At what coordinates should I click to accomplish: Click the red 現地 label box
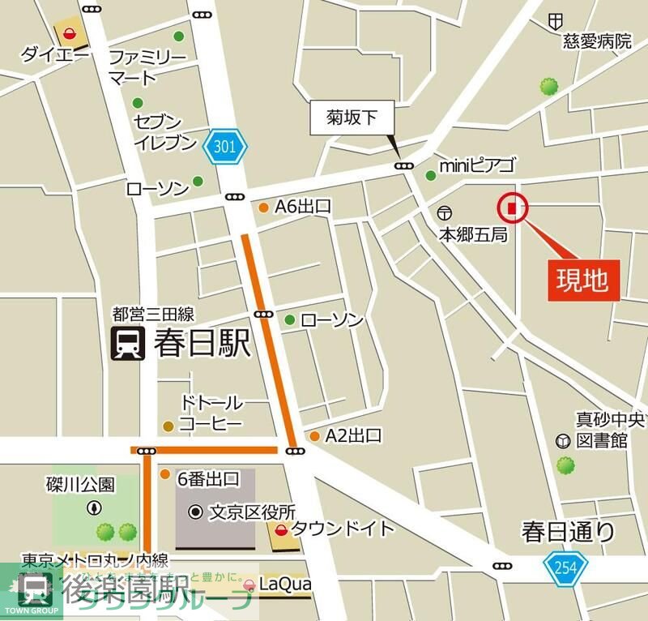click(582, 280)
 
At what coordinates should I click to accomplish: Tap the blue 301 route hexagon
click(229, 147)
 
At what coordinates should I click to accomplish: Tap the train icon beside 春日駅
click(127, 343)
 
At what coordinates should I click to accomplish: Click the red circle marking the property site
click(512, 208)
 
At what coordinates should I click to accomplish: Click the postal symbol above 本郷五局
click(444, 213)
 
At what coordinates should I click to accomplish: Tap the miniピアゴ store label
click(476, 166)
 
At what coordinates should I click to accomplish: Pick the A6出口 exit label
click(303, 207)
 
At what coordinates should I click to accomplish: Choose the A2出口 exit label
click(353, 436)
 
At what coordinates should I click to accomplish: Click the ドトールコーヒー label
click(211, 413)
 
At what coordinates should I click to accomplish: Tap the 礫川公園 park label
click(80, 485)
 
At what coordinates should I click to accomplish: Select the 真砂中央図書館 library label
click(610, 430)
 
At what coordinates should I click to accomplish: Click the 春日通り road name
click(569, 532)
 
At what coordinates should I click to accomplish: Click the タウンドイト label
click(343, 529)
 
